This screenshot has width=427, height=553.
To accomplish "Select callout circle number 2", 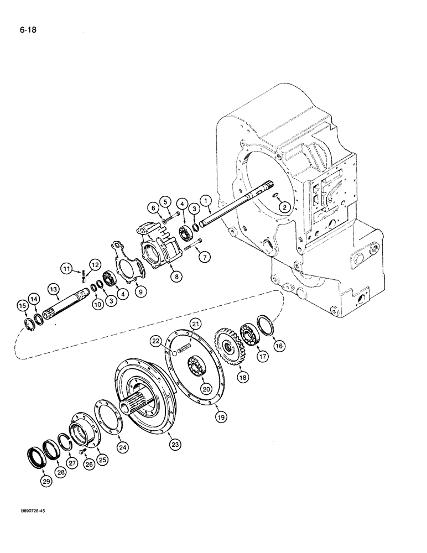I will pos(283,207).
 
